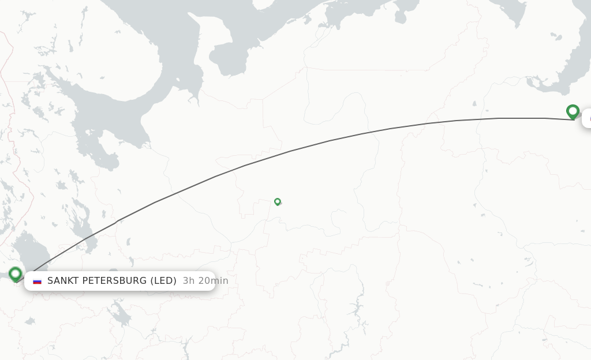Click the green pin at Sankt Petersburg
point(16,274)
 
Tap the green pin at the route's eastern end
point(573,111)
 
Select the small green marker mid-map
point(278,201)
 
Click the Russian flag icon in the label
point(38,281)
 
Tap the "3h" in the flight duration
point(189,281)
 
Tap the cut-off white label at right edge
point(586,118)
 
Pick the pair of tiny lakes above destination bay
point(555,36)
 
